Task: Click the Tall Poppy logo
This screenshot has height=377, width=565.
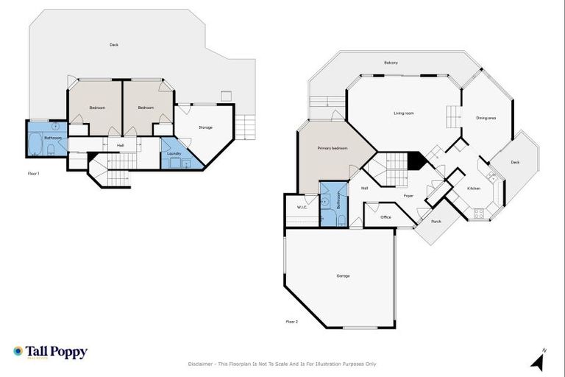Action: tap(50, 352)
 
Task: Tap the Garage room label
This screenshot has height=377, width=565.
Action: tap(343, 276)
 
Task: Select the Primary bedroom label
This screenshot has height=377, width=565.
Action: tap(332, 148)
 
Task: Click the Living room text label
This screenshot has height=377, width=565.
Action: tap(404, 113)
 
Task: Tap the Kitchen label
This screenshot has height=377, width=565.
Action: tap(474, 188)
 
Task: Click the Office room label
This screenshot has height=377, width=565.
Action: tap(385, 217)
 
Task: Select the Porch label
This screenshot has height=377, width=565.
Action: tap(436, 221)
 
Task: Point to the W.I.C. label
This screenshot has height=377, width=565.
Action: tap(302, 207)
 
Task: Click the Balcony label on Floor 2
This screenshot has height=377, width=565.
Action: tap(391, 63)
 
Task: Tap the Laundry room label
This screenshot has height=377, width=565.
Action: tap(174, 153)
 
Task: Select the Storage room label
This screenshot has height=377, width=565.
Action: tap(205, 127)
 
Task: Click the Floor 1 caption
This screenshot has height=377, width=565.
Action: tap(33, 174)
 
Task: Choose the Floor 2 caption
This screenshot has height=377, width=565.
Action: tap(292, 321)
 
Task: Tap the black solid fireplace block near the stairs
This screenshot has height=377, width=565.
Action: tap(416, 161)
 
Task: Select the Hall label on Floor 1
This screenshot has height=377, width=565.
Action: tap(120, 145)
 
